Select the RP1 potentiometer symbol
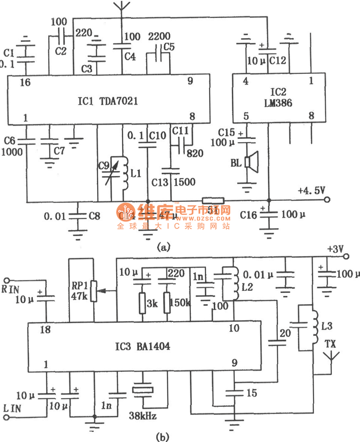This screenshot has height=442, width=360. (94, 291)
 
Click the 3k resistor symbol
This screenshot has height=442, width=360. (142, 302)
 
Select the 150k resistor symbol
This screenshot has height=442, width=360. (167, 302)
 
